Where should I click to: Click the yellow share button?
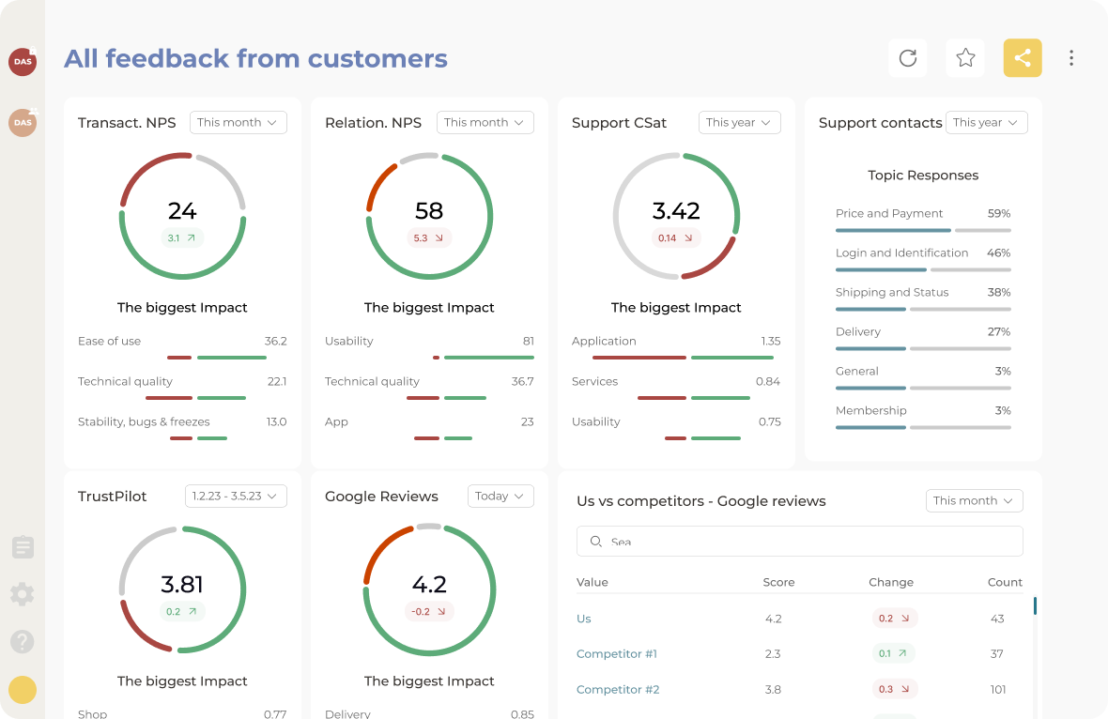[x=1023, y=58]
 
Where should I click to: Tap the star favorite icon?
[x=965, y=58]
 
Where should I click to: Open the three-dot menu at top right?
[x=1071, y=58]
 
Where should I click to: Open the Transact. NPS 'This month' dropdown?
[x=238, y=122]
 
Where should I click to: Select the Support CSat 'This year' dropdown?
[x=739, y=122]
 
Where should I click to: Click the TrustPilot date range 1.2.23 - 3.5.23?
[x=236, y=496]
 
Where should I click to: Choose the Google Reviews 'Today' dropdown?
[x=500, y=496]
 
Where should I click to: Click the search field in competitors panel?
[x=799, y=542]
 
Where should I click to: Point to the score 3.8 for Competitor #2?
[x=773, y=689]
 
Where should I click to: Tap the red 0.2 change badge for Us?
[x=894, y=619]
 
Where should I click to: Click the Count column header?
[x=1005, y=582]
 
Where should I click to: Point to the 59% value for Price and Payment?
[x=998, y=213]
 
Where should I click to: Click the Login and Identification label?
[x=901, y=252]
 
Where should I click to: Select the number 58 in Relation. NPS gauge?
[x=429, y=210]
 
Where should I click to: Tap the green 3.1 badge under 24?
[x=182, y=238]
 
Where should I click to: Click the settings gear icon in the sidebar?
[x=23, y=593]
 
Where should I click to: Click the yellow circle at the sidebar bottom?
[x=23, y=690]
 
